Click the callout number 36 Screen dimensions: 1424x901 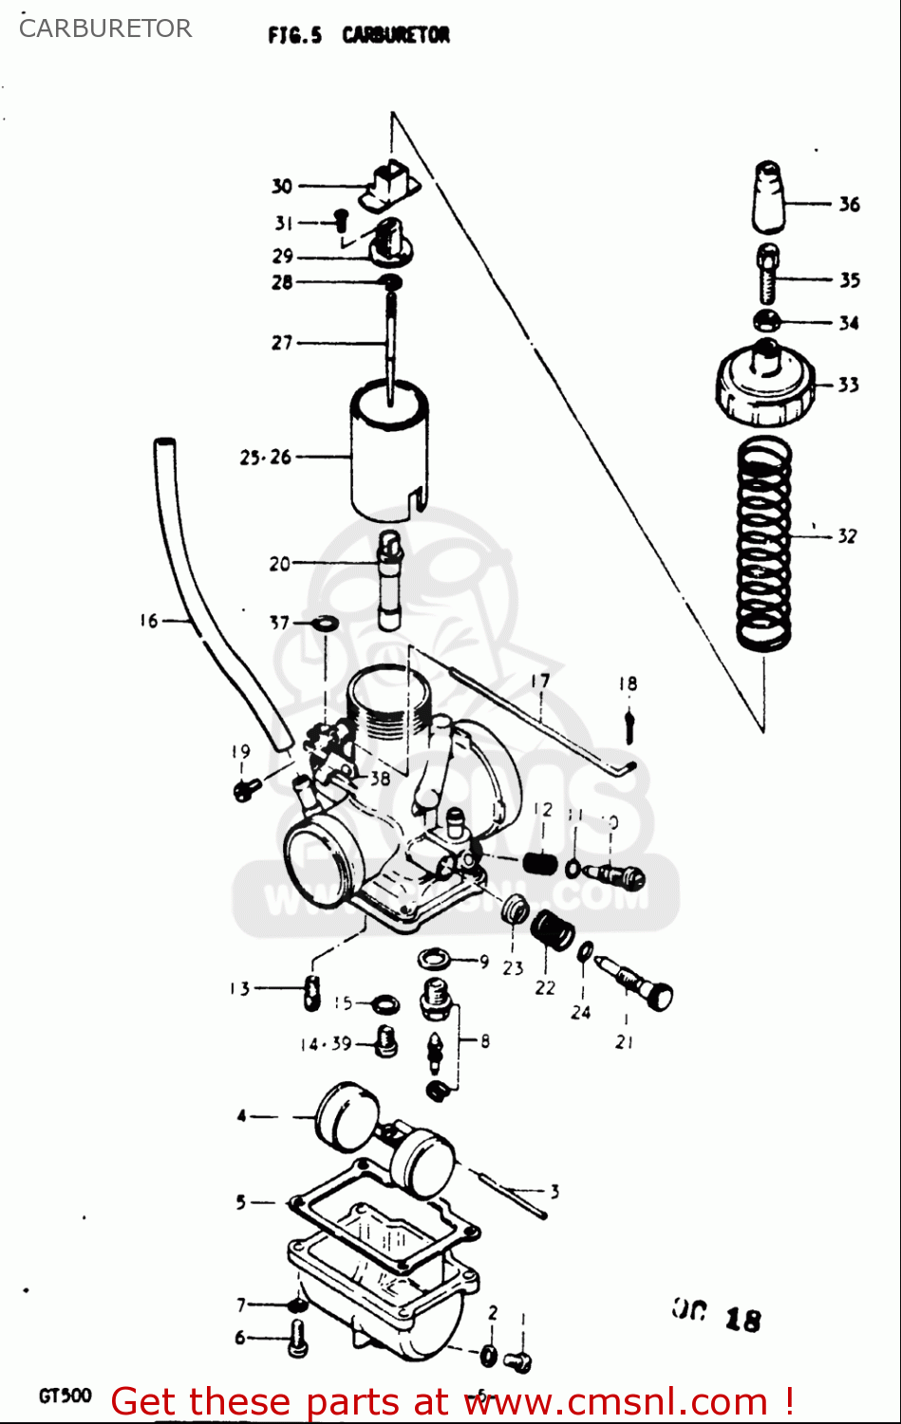pos(849,204)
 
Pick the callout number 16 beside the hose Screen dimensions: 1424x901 pos(149,621)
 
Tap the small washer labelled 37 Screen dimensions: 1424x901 pos(326,624)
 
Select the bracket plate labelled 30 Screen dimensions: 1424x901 pos(390,185)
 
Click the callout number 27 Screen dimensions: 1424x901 pos(282,343)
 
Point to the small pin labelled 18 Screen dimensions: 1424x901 pos(628,726)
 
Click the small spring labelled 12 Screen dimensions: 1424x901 pos(540,863)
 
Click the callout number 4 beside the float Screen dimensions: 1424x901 pos(241,1116)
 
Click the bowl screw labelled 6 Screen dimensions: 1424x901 pos(297,1338)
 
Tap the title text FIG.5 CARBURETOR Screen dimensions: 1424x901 pos(359,35)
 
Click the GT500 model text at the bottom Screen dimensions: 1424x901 pos(65,1396)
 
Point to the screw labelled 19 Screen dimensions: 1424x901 pos(246,788)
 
